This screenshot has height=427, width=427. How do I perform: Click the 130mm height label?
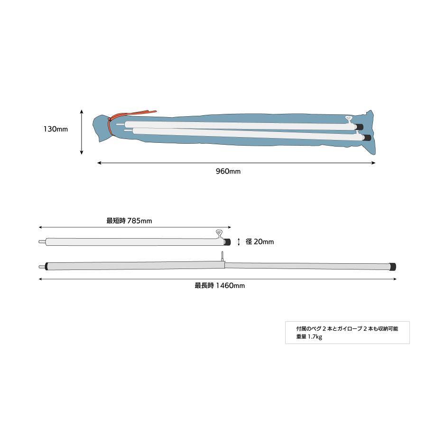(56, 130)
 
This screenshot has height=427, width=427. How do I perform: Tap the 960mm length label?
(228, 171)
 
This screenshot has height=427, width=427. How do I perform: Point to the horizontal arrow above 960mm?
(236, 163)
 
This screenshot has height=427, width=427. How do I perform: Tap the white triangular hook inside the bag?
(348, 119)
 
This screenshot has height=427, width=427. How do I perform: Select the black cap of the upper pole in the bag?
(360, 127)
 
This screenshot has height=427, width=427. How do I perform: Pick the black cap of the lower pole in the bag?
(366, 138)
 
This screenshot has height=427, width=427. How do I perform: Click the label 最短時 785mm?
(129, 221)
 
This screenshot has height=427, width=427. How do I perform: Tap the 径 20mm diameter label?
(260, 241)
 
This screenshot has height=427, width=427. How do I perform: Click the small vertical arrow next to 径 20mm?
(239, 241)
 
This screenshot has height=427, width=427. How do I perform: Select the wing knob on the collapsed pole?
(219, 233)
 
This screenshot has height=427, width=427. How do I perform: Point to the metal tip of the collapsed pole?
(41, 241)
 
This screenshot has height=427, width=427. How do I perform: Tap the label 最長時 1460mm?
(220, 286)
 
